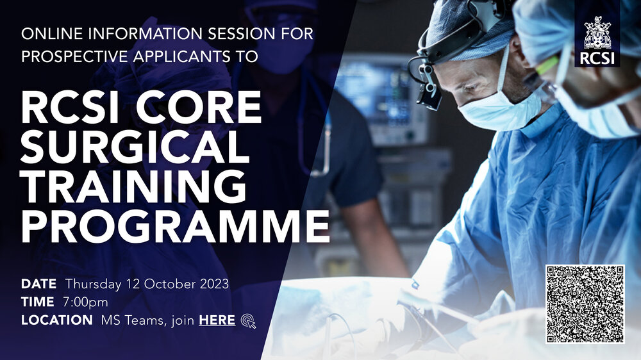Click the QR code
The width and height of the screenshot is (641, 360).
coord(585,304)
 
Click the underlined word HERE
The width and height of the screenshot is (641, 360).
coord(217,320)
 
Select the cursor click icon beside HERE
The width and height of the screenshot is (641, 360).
coord(249,321)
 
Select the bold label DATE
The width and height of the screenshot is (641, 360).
coord(39,284)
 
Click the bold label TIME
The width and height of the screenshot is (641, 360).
coord(38,302)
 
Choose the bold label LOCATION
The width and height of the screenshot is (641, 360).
coord(57,320)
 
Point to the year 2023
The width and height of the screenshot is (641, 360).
coord(214,284)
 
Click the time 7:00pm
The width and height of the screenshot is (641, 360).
coord(85,302)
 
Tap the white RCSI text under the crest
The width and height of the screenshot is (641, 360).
coord(597,58)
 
